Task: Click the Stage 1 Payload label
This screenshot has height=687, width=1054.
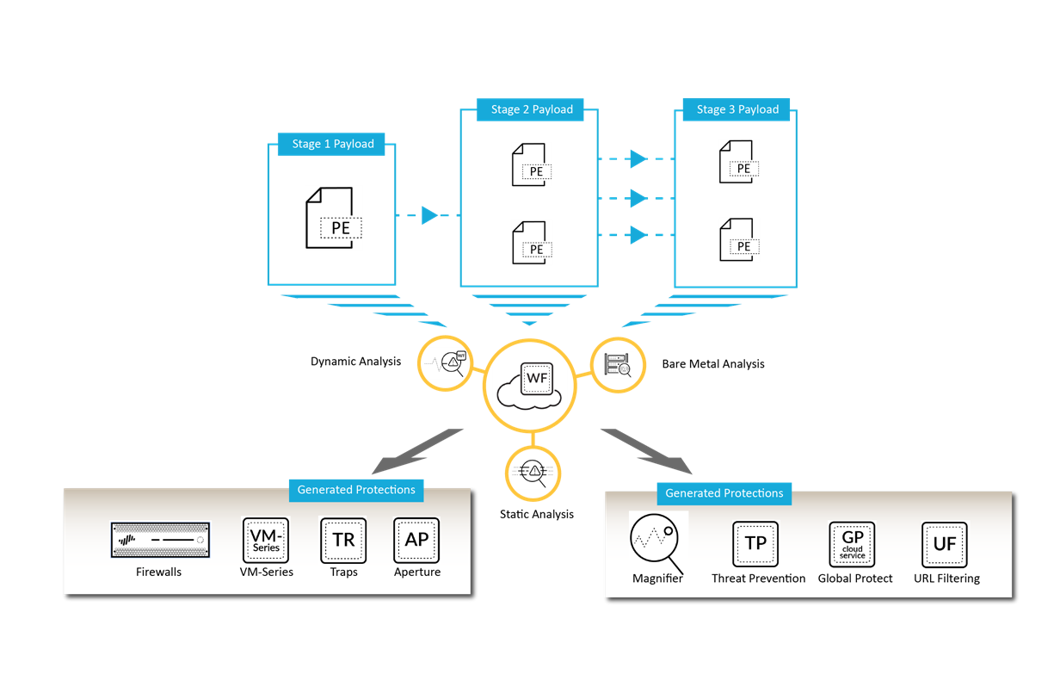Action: point(331,144)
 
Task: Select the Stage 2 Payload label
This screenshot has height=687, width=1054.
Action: point(531,109)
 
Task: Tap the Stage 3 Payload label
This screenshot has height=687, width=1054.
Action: point(737,109)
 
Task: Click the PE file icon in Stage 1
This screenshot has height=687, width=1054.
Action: point(331,219)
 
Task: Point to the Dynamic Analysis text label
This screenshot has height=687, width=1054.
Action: point(355,362)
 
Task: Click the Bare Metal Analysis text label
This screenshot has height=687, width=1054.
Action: point(713,364)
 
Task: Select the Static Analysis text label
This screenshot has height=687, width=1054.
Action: point(536,514)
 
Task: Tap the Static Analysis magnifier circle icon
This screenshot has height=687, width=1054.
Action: point(534,473)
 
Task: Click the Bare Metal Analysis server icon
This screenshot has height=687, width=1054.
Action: point(617,365)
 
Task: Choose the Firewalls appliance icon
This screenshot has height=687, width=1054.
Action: point(160,540)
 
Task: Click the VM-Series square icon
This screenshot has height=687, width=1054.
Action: point(266,540)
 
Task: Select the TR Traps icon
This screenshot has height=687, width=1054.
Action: point(343,540)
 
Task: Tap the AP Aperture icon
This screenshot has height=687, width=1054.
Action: point(416,540)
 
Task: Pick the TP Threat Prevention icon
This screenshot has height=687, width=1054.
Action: point(755,544)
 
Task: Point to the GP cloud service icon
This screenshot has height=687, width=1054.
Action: point(852,544)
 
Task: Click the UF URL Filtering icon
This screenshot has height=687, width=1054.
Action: point(945,544)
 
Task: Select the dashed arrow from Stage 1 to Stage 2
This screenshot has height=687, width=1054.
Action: point(428,215)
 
